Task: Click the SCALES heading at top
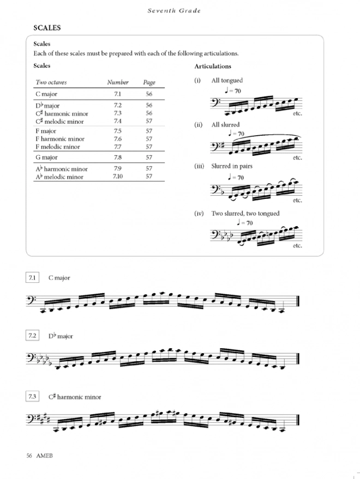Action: click(x=46, y=27)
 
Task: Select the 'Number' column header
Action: click(x=118, y=82)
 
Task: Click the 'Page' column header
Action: click(x=149, y=82)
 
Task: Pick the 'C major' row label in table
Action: click(x=46, y=94)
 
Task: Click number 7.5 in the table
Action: click(x=118, y=131)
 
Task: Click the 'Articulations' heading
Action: click(x=213, y=66)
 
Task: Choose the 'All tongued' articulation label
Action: click(x=227, y=81)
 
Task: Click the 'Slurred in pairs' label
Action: click(x=232, y=166)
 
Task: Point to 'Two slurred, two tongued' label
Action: click(x=245, y=214)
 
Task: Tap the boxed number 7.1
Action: click(x=32, y=278)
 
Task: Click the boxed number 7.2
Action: click(x=32, y=336)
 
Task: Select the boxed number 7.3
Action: click(x=32, y=397)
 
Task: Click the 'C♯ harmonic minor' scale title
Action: click(x=74, y=397)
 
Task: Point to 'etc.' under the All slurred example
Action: click(x=297, y=157)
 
